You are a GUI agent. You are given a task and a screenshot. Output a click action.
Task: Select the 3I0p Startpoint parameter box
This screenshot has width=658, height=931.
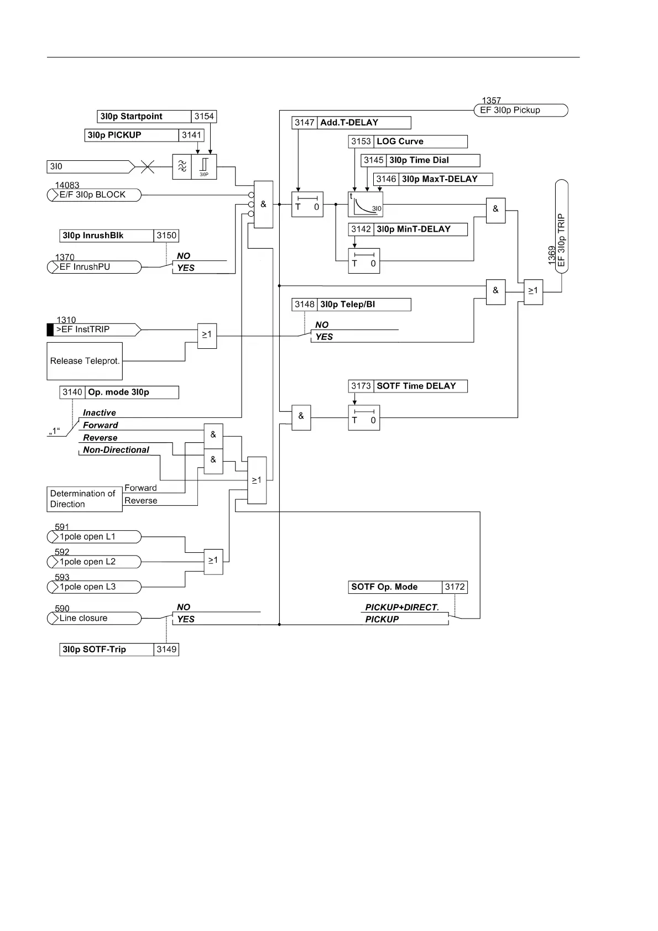click(144, 117)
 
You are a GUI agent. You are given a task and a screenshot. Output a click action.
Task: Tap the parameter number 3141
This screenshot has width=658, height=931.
click(192, 135)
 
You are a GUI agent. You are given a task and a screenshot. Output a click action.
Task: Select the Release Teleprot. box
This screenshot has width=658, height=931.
click(85, 361)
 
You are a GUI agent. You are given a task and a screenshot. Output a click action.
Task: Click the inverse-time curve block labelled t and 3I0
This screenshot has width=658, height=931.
click(365, 204)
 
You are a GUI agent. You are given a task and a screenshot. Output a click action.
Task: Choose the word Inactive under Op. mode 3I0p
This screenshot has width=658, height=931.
click(100, 413)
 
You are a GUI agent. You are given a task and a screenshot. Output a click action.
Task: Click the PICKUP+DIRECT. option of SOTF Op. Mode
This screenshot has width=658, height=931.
click(402, 607)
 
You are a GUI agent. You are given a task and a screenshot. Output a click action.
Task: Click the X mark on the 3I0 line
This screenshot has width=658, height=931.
click(147, 166)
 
